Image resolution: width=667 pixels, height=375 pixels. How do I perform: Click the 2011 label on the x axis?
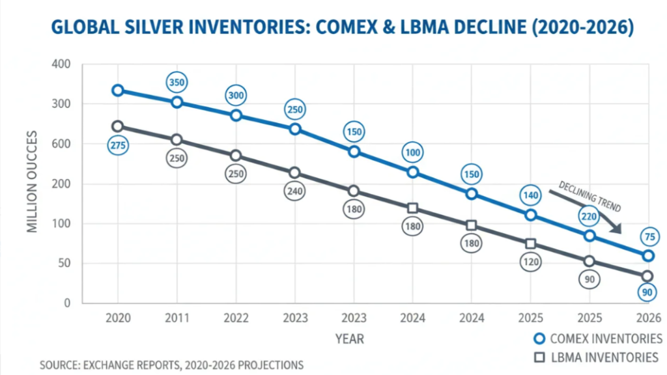[x=177, y=318]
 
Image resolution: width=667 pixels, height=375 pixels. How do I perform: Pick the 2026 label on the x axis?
[x=648, y=318]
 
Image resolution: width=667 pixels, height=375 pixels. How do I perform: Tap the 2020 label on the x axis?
[x=118, y=318]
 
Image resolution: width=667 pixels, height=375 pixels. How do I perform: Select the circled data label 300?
[x=236, y=95]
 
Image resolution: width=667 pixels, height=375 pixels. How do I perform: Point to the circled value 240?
[x=294, y=191]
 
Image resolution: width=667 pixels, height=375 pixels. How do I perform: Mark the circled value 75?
[x=648, y=237]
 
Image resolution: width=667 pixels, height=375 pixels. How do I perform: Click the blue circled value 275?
[x=118, y=146]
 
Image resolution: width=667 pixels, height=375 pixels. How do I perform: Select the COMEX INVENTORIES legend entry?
[x=597, y=339]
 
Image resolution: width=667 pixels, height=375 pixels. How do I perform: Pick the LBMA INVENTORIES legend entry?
[x=597, y=357]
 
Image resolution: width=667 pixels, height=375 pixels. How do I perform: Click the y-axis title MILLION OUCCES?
[x=33, y=184]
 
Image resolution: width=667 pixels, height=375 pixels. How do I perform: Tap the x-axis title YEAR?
[x=350, y=339]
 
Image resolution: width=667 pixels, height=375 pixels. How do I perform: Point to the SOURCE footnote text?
[x=171, y=365]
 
